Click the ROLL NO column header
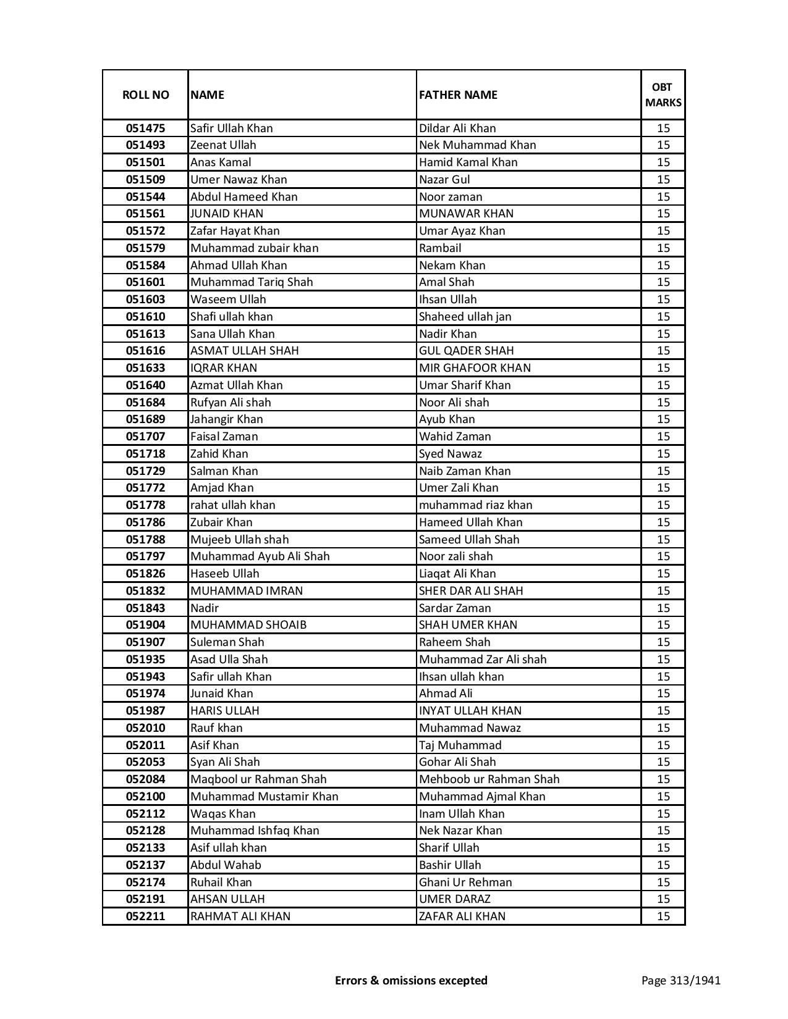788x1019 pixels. click(x=145, y=94)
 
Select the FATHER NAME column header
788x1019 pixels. click(x=458, y=94)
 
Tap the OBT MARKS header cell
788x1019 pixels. click(x=663, y=94)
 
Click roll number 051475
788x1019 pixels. click(x=145, y=128)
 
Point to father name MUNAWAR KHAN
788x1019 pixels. click(x=466, y=214)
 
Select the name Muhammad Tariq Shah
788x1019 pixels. click(x=252, y=282)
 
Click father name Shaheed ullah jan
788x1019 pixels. click(x=465, y=317)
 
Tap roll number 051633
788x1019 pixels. click(x=145, y=368)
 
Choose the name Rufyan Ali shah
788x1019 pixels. click(x=231, y=403)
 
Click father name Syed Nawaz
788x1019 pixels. click(x=450, y=454)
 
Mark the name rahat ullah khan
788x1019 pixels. click(x=232, y=505)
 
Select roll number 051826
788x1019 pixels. click(x=145, y=574)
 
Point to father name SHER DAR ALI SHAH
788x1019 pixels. click(x=471, y=591)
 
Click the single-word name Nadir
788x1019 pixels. click(x=204, y=608)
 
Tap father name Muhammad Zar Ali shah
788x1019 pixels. click(x=483, y=660)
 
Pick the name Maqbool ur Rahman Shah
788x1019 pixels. click(x=258, y=779)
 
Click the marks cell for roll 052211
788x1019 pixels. click(x=663, y=916)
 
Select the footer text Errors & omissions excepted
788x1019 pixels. click(x=411, y=980)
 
